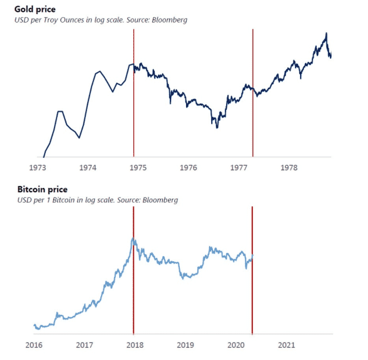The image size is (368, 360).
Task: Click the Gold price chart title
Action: tap(35, 9)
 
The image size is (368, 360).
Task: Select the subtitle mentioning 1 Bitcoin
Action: tap(98, 200)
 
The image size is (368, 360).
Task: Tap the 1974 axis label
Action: tap(88, 167)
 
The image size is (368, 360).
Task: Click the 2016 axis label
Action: tap(34, 345)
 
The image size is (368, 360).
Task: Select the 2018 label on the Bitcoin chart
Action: tap(135, 345)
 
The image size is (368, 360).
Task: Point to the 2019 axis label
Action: tap(185, 345)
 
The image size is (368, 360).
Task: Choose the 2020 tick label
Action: tap(235, 345)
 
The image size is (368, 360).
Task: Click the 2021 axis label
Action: tap(286, 345)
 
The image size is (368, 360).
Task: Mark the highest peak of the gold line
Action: tap(326, 33)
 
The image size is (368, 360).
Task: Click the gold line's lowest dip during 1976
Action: tap(217, 127)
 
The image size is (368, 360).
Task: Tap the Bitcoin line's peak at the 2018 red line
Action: tap(133, 238)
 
